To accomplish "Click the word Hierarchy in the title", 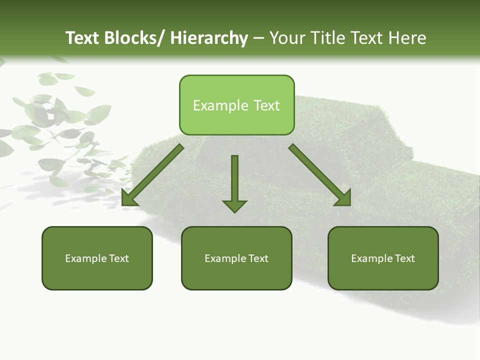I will tap(209, 38).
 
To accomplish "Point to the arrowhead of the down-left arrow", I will tap(129, 198).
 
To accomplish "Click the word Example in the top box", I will tap(220, 105).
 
